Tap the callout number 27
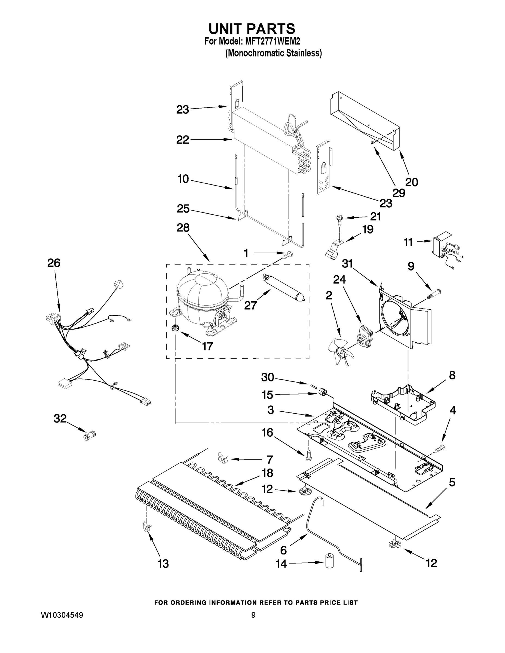click(x=251, y=305)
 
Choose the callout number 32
click(x=60, y=418)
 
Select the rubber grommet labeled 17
click(x=174, y=328)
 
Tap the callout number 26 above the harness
click(x=54, y=263)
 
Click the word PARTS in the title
click(x=272, y=29)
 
